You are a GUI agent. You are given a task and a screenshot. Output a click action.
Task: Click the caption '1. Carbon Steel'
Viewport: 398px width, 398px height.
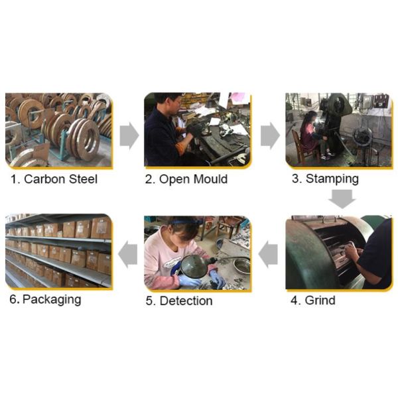[x=54, y=179]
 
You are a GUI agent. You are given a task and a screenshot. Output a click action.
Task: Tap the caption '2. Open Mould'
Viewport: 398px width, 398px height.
[x=186, y=179]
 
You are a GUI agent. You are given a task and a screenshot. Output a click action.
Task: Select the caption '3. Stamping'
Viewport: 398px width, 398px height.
[x=325, y=179]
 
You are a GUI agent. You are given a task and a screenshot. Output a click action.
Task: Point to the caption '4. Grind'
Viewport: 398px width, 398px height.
[x=313, y=300]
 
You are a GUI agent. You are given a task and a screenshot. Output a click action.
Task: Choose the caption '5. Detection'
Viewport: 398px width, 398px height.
[x=179, y=300]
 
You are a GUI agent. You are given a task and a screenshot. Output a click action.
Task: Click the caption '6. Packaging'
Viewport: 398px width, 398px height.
[x=45, y=300]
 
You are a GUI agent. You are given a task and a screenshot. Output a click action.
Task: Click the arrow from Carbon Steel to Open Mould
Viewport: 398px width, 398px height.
[x=129, y=135]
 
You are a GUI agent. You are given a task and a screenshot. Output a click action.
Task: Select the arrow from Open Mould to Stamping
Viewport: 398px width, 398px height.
[x=270, y=135]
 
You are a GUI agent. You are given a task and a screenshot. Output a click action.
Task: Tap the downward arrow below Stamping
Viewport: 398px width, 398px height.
[x=342, y=199]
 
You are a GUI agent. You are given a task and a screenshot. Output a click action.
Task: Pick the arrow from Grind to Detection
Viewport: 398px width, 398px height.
[x=268, y=254]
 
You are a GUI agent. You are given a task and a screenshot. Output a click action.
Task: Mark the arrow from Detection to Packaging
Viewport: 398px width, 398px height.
[x=127, y=254]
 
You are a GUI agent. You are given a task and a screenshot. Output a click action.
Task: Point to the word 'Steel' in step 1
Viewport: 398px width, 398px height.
[x=84, y=179]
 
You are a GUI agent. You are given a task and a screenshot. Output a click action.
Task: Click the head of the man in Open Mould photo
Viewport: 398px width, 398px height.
[x=168, y=103]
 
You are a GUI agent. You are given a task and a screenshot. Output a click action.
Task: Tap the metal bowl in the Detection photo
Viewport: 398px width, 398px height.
[x=241, y=265]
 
